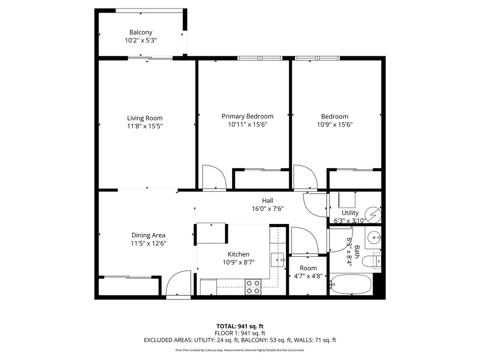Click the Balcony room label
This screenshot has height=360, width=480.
pos(141,32)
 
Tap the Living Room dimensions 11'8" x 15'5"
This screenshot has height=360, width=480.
pos(145,126)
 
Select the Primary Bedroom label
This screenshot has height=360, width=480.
pos(247,116)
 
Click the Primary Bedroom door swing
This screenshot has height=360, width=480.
pos(214,177)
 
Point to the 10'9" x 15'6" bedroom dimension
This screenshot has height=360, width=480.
pos(335,125)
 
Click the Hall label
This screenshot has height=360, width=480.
pos(268,201)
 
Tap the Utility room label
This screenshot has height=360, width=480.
pos(350,213)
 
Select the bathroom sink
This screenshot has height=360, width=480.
pos(374,237)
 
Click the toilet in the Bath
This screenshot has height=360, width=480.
pos(376,260)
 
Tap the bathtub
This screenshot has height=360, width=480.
pos(351,284)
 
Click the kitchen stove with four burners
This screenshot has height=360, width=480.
pos(253,286)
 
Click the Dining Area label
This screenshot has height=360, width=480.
pos(148,235)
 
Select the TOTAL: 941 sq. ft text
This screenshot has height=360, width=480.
pos(240,326)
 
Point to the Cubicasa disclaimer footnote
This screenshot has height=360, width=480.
pos(240,350)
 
